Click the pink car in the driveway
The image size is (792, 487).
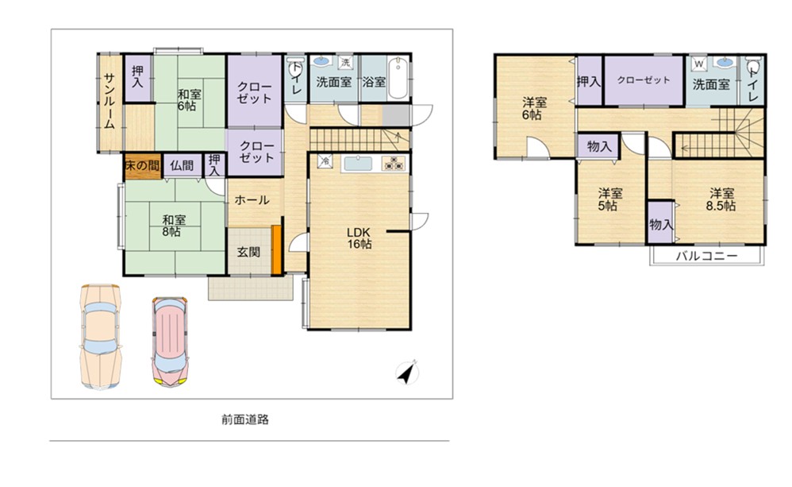coord(170,342)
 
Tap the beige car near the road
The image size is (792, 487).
coord(101,336)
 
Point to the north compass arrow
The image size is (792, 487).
coord(407,373)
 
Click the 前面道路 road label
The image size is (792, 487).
coord(245,419)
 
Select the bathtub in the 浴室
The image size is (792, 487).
coord(398,79)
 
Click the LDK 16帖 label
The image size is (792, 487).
coord(359,238)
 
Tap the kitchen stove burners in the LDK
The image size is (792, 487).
coord(394,164)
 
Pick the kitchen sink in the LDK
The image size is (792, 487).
coord(358,164)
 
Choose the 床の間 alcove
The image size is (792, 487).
coord(142,166)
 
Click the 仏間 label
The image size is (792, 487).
coord(182,165)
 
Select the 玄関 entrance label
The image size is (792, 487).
coord(249,251)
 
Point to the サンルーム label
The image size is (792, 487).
coord(110,101)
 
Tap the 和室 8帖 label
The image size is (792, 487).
coord(175,226)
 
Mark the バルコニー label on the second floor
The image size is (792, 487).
coord(706,256)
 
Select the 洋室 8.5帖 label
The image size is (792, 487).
coord(721,199)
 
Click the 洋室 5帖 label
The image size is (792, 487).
coord(611,199)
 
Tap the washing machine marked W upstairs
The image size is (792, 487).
coord(699,64)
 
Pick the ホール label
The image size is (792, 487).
coord(252,199)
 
